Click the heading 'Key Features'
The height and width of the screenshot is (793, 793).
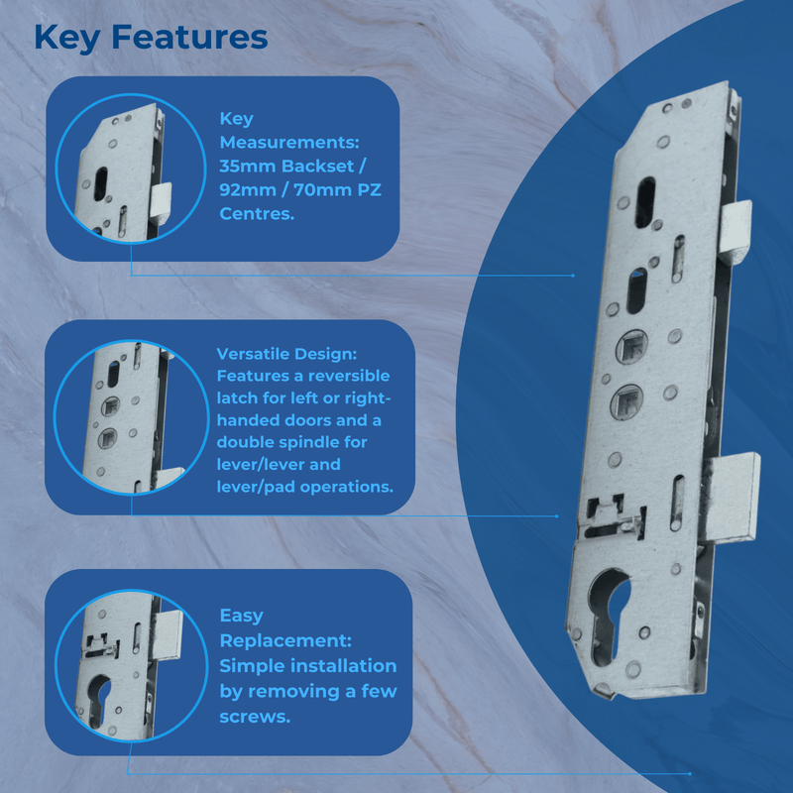tap(150, 38)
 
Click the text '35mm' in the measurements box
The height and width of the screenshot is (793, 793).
tap(243, 166)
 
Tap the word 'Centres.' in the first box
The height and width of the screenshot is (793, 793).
tap(257, 212)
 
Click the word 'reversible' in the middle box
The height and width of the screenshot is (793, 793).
tap(347, 377)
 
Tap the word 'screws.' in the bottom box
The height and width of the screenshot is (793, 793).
tap(256, 716)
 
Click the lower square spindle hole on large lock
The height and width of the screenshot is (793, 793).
tap(628, 400)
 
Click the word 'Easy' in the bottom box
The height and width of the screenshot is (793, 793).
tap(241, 616)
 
